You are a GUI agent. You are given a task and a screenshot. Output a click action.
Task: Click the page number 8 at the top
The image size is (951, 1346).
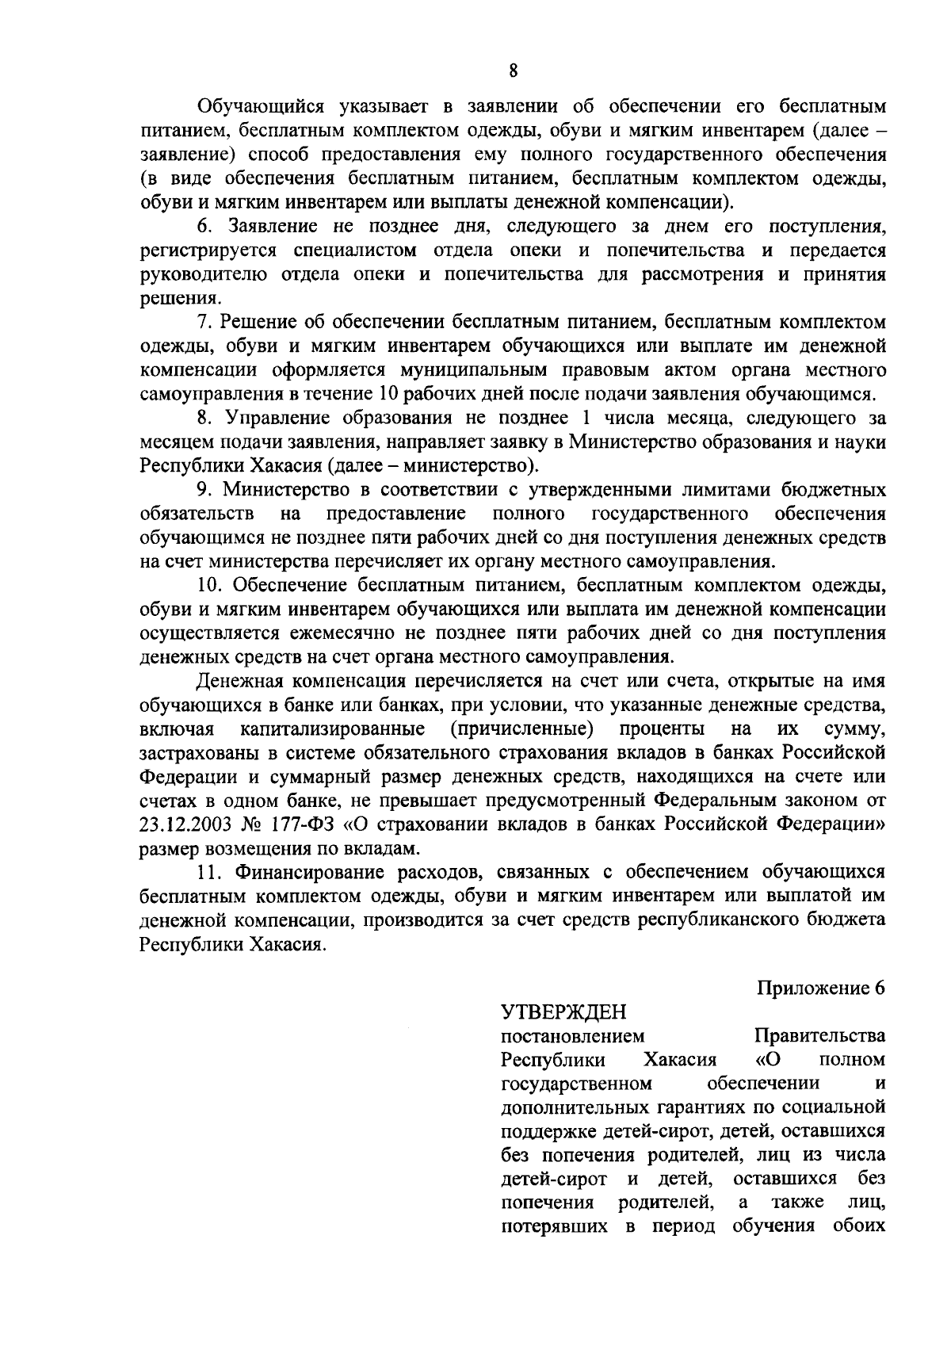tap(513, 71)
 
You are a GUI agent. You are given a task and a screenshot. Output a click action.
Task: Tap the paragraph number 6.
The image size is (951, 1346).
tap(204, 225)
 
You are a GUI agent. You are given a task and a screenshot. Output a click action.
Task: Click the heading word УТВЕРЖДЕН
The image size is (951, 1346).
tap(564, 1012)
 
